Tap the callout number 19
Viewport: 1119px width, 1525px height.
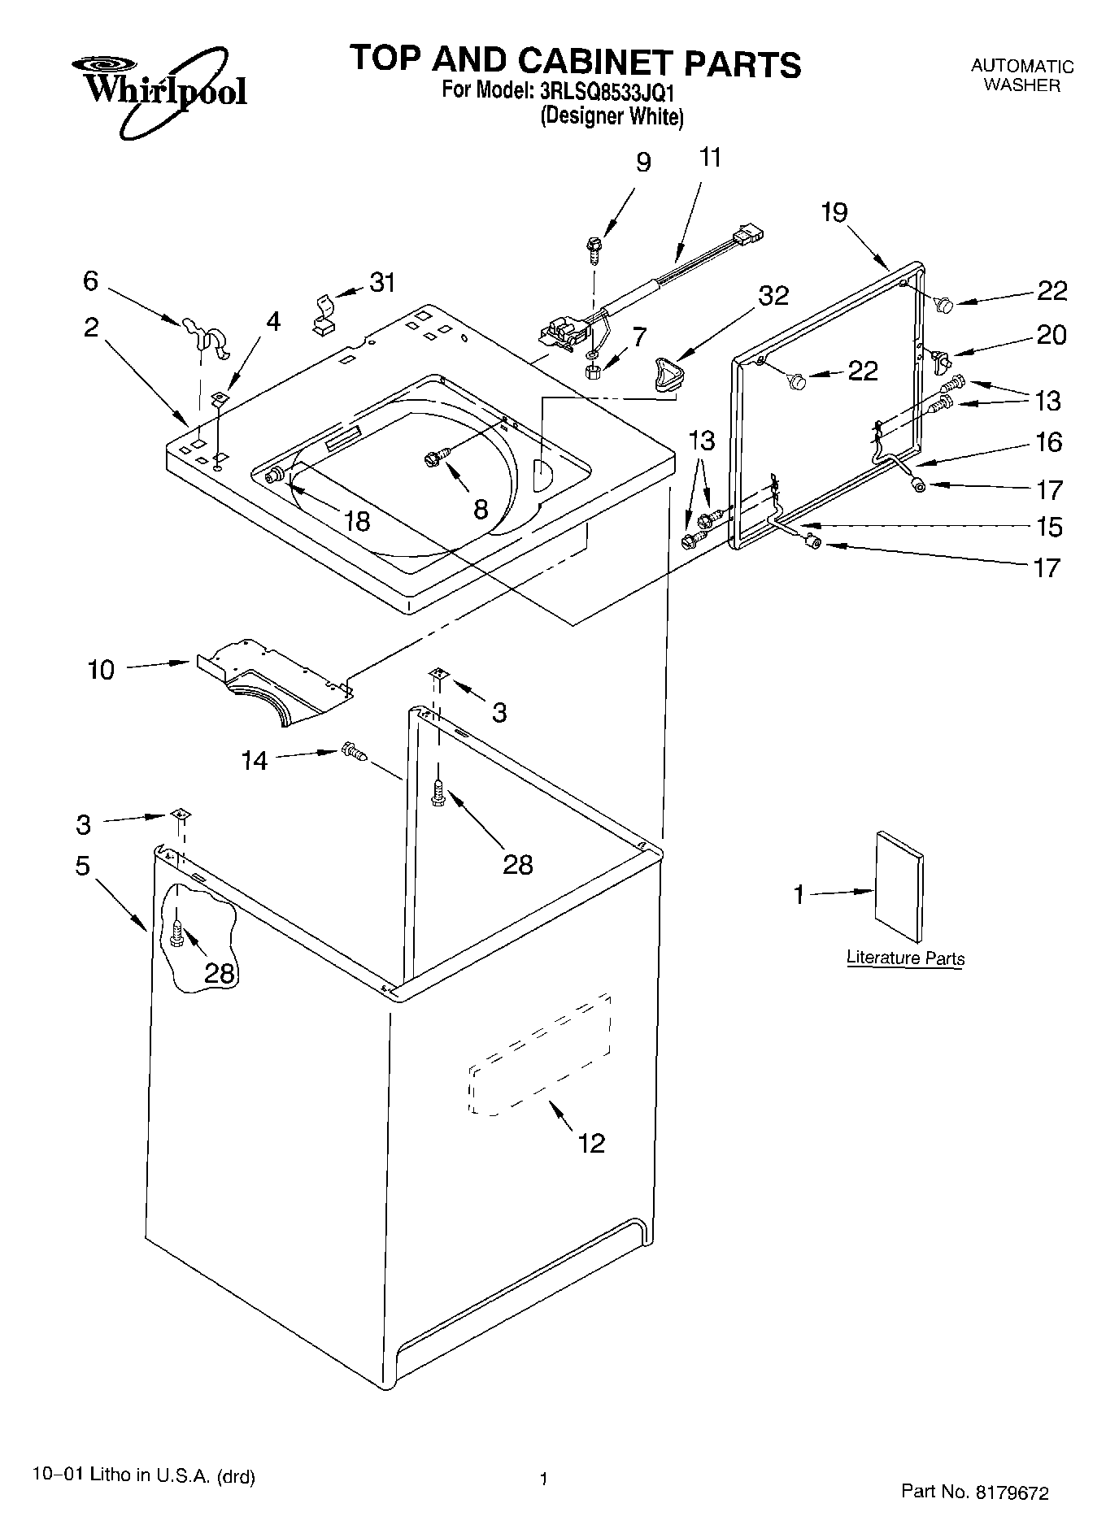[x=834, y=212]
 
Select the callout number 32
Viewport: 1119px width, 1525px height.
[x=773, y=296]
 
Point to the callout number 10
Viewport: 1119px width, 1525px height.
[x=102, y=670]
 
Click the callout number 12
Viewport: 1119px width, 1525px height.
[x=591, y=1143]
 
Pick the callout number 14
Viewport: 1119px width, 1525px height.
[x=255, y=761]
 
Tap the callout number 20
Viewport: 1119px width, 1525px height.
[x=1051, y=335]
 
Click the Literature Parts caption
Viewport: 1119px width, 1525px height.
[x=905, y=958]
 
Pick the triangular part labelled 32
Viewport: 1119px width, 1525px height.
[x=668, y=376]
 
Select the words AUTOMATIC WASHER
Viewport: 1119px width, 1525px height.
[x=1021, y=76]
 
